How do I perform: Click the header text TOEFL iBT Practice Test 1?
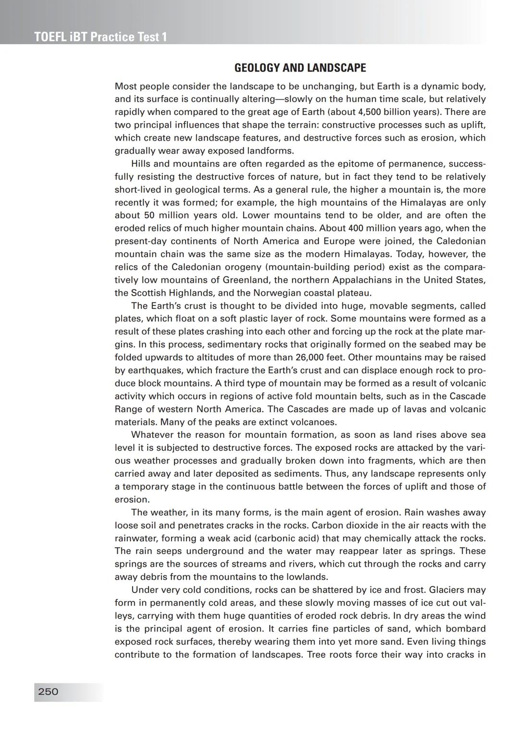pyautogui.click(x=100, y=37)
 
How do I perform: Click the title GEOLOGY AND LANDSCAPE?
pyautogui.click(x=300, y=68)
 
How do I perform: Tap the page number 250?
pyautogui.click(x=48, y=692)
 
